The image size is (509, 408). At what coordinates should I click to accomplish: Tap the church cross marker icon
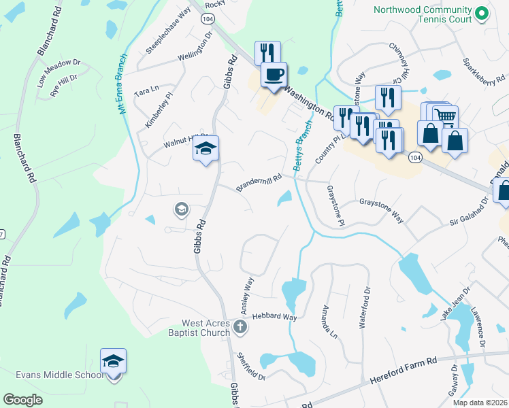(x=239, y=328)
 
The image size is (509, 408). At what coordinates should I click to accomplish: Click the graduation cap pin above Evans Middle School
(x=114, y=362)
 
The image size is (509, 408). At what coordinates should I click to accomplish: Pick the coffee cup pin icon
(x=274, y=75)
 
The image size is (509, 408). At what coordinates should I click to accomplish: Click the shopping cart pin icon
(x=445, y=117)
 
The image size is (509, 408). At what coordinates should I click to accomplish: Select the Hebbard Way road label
(x=275, y=317)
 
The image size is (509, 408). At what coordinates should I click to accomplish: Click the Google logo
(x=22, y=400)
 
